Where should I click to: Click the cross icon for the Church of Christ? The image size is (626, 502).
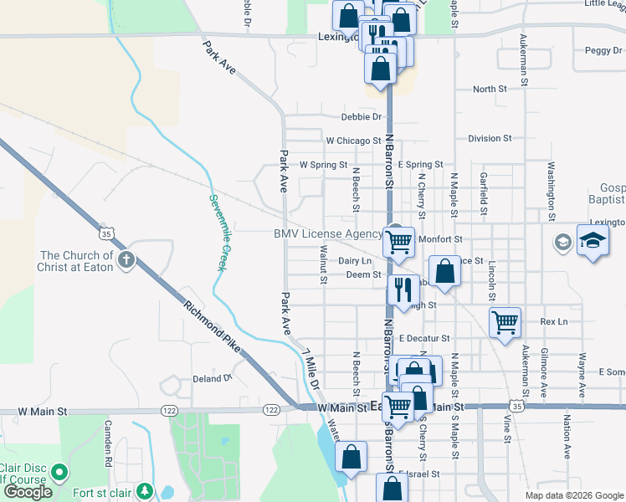click(126, 259)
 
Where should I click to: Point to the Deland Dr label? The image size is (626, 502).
click(212, 378)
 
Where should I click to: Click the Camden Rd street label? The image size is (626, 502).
click(108, 443)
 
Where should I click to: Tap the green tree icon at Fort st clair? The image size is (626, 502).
click(145, 489)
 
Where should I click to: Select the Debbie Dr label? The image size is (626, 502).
click(361, 117)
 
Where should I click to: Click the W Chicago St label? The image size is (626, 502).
click(354, 141)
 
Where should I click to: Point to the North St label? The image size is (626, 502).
click(490, 89)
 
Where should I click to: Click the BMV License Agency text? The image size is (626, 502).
click(327, 234)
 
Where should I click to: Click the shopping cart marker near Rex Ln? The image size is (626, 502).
click(505, 321)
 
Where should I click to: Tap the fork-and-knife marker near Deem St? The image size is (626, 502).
click(404, 289)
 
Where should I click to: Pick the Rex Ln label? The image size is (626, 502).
click(554, 321)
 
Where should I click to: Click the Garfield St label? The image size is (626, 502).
click(484, 192)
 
